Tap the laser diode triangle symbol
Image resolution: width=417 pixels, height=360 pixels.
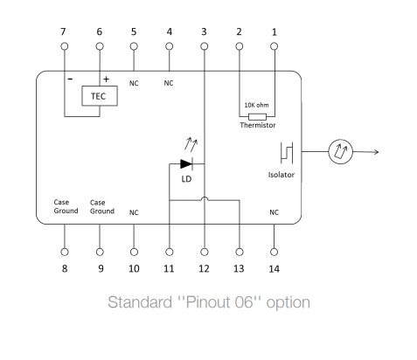pyautogui.click(x=186, y=164)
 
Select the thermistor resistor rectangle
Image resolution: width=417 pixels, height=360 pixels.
pyautogui.click(x=257, y=117)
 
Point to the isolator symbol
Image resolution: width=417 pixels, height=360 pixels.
pyautogui.click(x=287, y=153)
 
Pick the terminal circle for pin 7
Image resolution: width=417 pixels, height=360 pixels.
pyautogui.click(x=65, y=46)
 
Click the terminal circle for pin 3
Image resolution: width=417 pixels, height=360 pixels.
pyautogui.click(x=205, y=46)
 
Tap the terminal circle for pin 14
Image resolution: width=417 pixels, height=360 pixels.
pyautogui.click(x=274, y=252)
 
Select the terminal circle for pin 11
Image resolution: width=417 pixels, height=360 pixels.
pyautogui.click(x=170, y=252)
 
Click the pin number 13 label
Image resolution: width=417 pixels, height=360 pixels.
pyautogui.click(x=239, y=268)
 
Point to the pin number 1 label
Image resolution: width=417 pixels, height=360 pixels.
pyautogui.click(x=275, y=31)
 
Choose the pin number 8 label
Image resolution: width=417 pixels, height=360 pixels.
pyautogui.click(x=65, y=268)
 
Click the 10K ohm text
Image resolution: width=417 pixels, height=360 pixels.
pyautogui.click(x=256, y=105)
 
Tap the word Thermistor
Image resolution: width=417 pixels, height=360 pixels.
pyautogui.click(x=258, y=125)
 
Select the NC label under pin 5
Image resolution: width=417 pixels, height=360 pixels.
pyautogui.click(x=134, y=83)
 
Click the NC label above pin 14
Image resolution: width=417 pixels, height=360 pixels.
pyautogui.click(x=274, y=212)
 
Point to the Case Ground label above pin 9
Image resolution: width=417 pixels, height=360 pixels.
pyautogui.click(x=102, y=207)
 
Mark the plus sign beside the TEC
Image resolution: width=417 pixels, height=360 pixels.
pyautogui.click(x=106, y=79)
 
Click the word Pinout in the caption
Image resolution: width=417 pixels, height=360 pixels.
pyautogui.click(x=209, y=302)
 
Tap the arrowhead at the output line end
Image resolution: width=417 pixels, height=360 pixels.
pyautogui.click(x=377, y=152)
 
